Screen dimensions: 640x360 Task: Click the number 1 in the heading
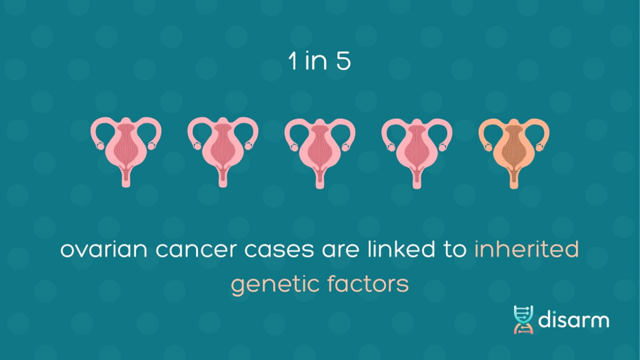point(292,61)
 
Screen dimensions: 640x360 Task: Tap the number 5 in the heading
point(344,61)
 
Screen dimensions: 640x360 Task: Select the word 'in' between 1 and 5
point(317,61)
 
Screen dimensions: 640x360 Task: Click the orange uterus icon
point(514,152)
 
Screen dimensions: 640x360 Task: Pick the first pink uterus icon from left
point(126,152)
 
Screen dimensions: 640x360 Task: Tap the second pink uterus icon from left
point(223,152)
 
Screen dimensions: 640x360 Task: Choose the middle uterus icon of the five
point(320,152)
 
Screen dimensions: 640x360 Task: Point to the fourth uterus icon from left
point(417,152)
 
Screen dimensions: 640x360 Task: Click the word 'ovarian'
point(103,249)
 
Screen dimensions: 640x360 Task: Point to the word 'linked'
point(401,249)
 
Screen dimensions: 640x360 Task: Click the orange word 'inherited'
point(526,249)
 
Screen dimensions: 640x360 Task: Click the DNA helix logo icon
point(524,320)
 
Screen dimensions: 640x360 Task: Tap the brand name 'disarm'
point(573,319)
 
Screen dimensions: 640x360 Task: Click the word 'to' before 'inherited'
point(455,249)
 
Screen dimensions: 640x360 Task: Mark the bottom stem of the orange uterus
point(514,179)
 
